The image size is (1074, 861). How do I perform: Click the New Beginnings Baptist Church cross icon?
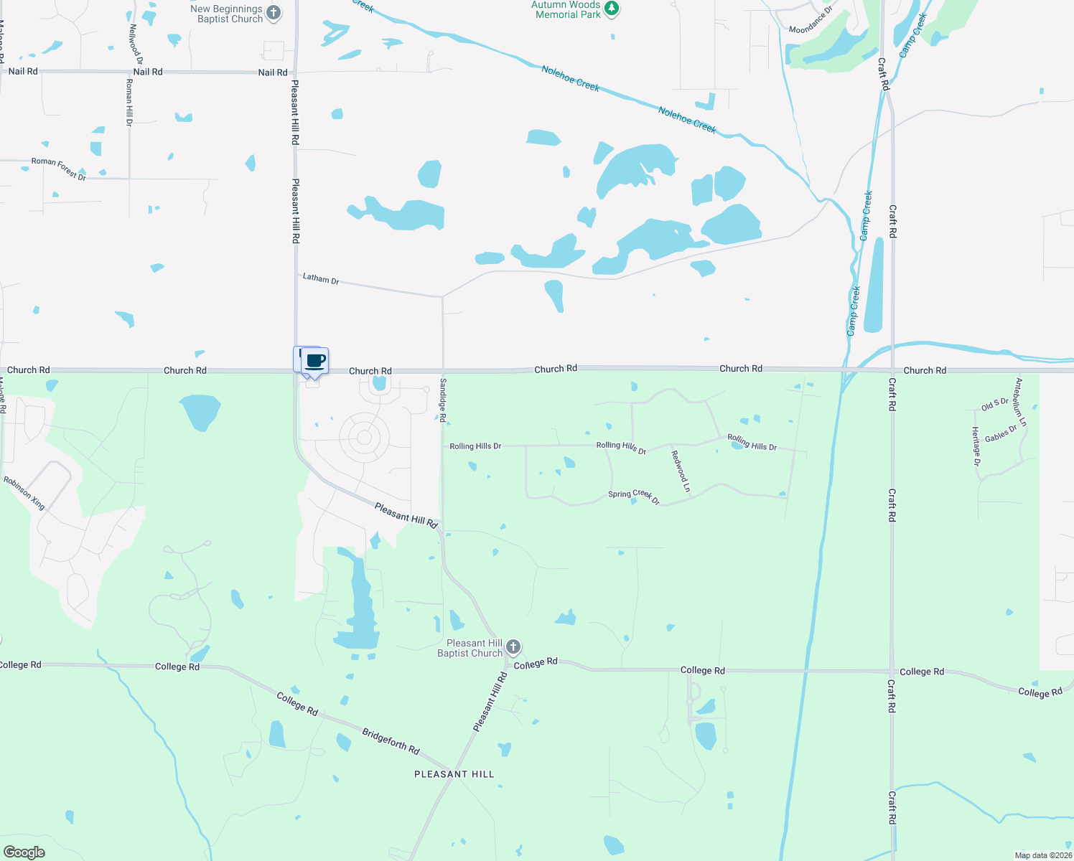pyautogui.click(x=274, y=13)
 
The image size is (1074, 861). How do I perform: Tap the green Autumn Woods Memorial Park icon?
pyautogui.click(x=612, y=9)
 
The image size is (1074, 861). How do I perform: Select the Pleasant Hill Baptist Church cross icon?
pyautogui.click(x=513, y=647)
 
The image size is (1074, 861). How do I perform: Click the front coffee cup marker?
pyautogui.click(x=314, y=361)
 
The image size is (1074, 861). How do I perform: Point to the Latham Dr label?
pyautogui.click(x=321, y=278)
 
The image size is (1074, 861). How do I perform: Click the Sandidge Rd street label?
pyautogui.click(x=443, y=400)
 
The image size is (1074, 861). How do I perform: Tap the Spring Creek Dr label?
pyautogui.click(x=634, y=496)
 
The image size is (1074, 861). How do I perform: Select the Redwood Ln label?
pyautogui.click(x=681, y=471)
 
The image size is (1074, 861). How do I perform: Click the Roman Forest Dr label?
pyautogui.click(x=59, y=169)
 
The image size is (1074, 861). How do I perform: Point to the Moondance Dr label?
pyautogui.click(x=811, y=20)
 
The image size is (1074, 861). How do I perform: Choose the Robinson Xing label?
pyautogui.click(x=24, y=493)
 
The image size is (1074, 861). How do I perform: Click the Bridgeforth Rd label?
pyautogui.click(x=391, y=741)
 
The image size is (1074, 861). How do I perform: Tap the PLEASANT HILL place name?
pyautogui.click(x=454, y=774)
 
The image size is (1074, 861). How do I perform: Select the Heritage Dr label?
pyautogui.click(x=976, y=446)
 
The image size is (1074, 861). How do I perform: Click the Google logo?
pyautogui.click(x=24, y=852)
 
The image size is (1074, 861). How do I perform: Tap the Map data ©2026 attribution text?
pyautogui.click(x=1043, y=855)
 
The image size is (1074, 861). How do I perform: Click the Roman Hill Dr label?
pyautogui.click(x=129, y=102)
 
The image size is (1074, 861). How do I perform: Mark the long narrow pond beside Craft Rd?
pyautogui.click(x=874, y=285)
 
